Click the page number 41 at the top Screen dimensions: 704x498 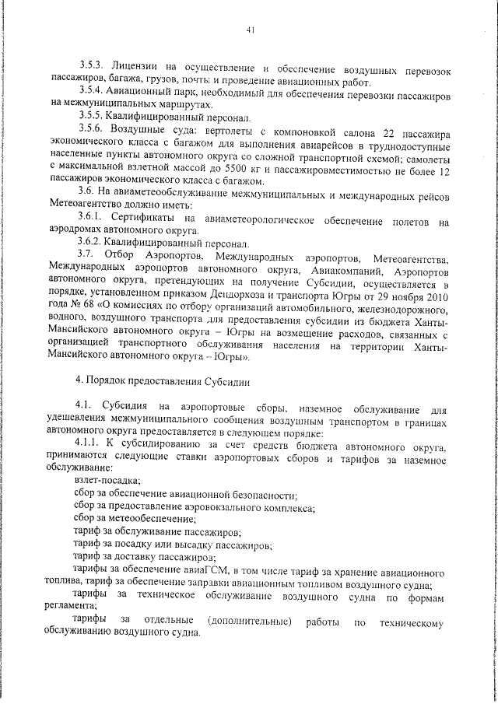(x=250, y=30)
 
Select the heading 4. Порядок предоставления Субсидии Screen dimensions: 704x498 (x=160, y=381)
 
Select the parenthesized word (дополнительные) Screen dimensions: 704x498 (x=252, y=621)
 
